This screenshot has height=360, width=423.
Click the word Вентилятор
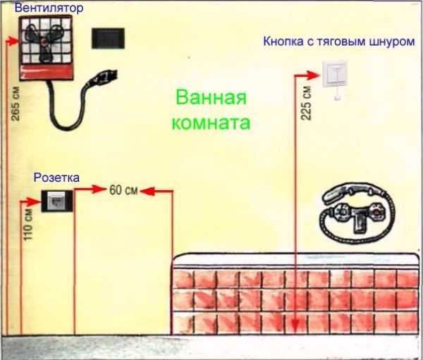49,8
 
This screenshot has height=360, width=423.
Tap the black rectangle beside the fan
108,38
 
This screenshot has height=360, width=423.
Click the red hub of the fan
44,42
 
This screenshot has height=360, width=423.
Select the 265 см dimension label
16,104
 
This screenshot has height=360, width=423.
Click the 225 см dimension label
306,103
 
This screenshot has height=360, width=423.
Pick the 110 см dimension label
28,225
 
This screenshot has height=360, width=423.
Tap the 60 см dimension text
123,190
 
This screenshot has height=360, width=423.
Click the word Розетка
56,178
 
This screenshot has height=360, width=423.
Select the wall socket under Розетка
57,201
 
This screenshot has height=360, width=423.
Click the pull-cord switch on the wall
334,73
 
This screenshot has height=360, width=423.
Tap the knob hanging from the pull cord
337,98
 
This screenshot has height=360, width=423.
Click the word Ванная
211,97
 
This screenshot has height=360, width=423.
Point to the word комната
211,123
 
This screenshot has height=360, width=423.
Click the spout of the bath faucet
359,224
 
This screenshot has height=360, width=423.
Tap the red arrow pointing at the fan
12,42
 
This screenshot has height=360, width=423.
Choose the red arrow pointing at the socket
30,201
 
